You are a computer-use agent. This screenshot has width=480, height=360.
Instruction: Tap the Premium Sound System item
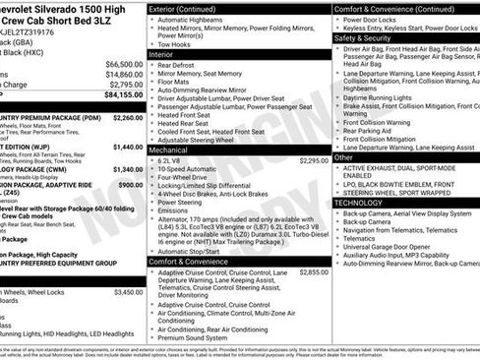coord(202,337)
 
